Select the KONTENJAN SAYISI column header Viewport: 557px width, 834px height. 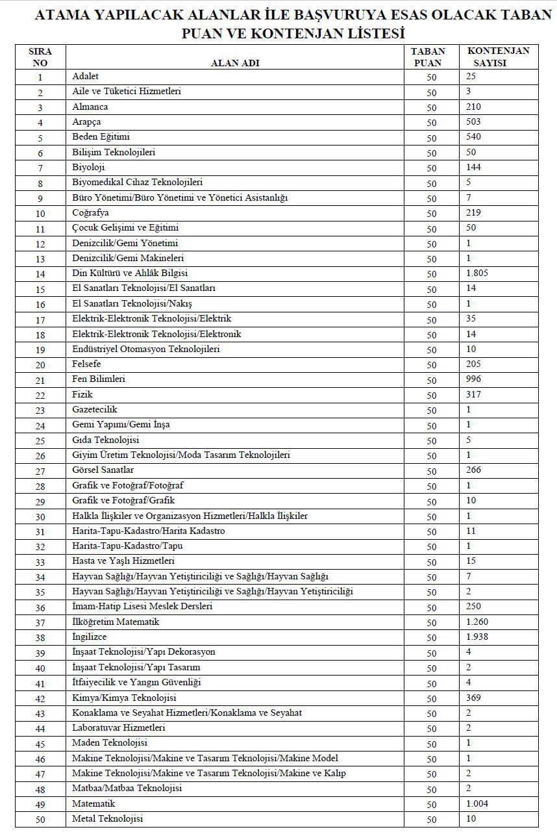point(498,57)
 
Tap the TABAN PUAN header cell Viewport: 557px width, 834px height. point(428,57)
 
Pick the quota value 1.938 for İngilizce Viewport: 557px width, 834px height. point(477,637)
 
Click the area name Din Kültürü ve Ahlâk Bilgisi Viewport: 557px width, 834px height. point(130,273)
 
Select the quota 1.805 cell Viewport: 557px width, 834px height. point(477,273)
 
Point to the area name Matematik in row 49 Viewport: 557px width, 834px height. point(93,803)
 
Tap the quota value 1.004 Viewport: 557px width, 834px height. point(477,803)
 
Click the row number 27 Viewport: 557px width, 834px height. point(40,471)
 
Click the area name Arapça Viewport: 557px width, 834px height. point(86,122)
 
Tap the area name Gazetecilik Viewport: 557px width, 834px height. point(95,410)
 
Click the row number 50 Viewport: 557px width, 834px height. point(40,820)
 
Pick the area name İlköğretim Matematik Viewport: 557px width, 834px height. point(116,622)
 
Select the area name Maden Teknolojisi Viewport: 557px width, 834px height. point(110,743)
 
